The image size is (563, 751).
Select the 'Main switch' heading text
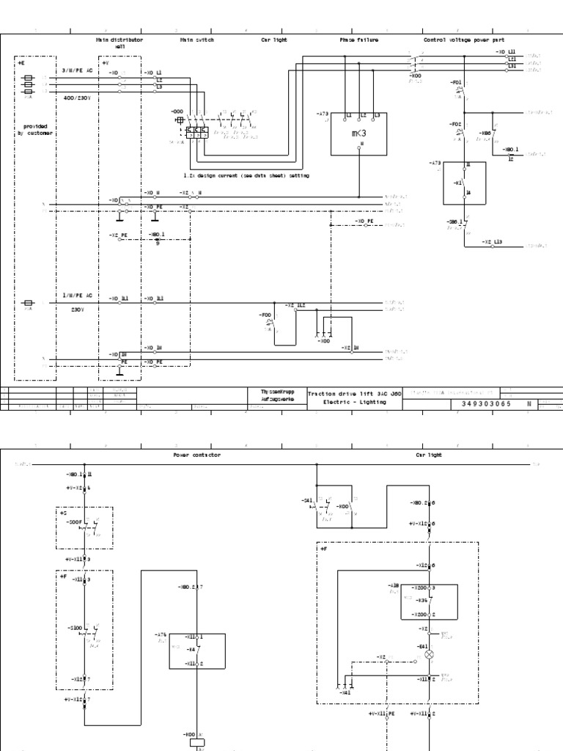tap(197, 40)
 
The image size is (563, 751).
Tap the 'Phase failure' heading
tap(359, 40)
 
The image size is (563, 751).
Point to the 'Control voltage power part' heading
tap(464, 40)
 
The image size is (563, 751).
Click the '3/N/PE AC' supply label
tap(77, 70)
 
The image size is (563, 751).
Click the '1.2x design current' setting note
tap(246, 176)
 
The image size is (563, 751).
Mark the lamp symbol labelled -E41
tap(430, 653)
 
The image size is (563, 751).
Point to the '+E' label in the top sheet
tap(21, 64)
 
